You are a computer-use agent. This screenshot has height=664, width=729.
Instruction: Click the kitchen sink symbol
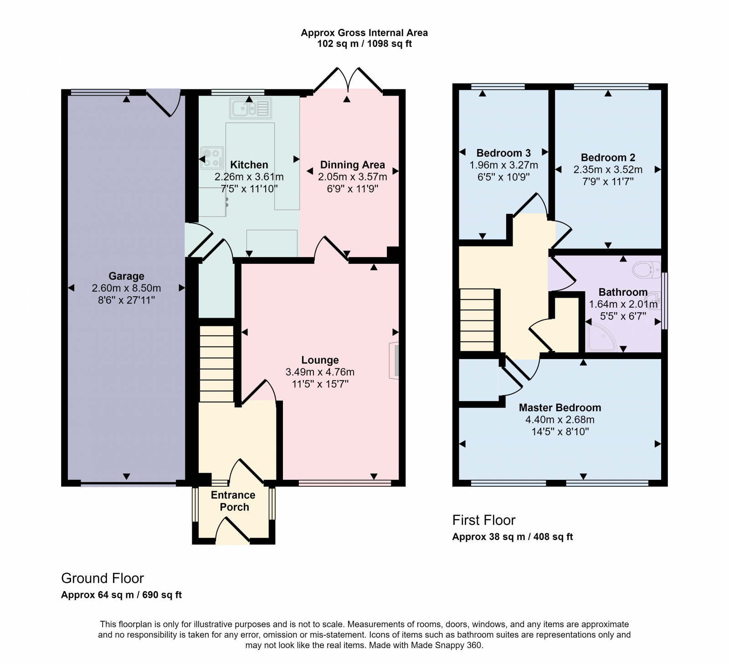(251, 108)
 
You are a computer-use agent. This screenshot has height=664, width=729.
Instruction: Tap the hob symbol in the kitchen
(212, 157)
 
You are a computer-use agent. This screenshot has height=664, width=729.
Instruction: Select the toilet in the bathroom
(647, 269)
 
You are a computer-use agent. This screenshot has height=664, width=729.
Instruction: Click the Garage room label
(126, 276)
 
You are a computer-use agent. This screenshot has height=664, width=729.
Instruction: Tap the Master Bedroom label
(560, 408)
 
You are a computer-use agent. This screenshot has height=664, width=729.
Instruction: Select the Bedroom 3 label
(503, 153)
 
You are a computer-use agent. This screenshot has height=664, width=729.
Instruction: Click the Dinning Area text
(352, 165)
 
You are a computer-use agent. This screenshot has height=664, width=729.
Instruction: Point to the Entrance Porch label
(233, 501)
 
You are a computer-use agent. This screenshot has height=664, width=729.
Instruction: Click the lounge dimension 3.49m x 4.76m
(320, 372)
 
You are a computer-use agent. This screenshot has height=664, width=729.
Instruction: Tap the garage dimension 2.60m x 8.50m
(126, 288)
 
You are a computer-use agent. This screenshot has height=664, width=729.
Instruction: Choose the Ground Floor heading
(103, 578)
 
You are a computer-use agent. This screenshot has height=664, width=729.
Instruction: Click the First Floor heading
(483, 520)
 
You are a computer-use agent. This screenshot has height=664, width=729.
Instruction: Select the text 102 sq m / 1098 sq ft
(364, 44)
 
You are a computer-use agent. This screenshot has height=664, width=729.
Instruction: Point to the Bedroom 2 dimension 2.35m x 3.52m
(608, 170)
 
